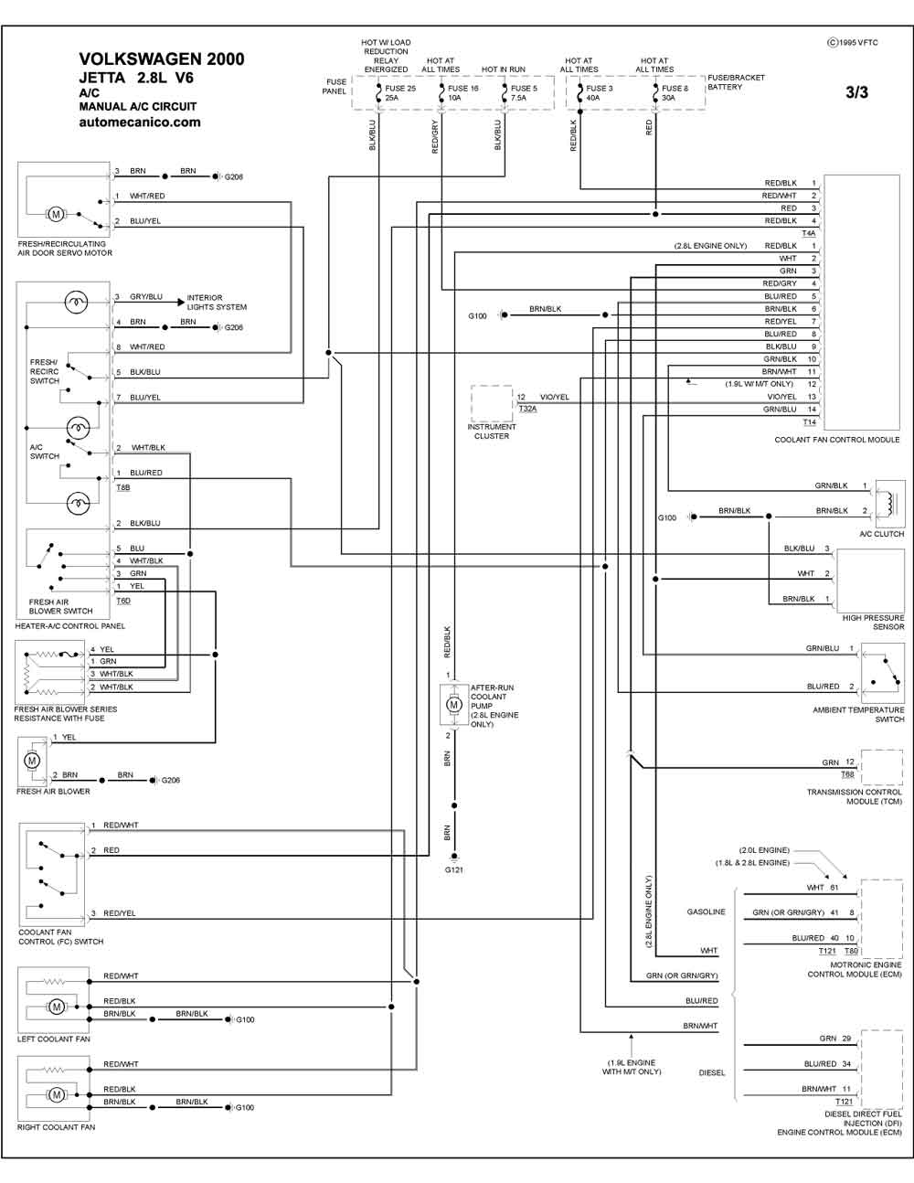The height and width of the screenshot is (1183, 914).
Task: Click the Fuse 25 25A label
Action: point(400,93)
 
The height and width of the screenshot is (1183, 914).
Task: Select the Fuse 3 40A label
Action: point(599,93)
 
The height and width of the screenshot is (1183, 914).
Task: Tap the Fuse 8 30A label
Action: point(675,93)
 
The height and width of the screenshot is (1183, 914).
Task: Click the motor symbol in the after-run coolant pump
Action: point(453,705)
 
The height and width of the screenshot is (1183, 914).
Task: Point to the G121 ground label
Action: point(453,870)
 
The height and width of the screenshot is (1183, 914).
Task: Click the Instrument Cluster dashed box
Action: point(492,403)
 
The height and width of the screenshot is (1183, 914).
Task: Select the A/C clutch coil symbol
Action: point(887,504)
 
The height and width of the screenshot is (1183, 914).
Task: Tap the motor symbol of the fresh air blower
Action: point(32,760)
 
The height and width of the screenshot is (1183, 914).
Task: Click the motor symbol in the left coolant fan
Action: point(56,1007)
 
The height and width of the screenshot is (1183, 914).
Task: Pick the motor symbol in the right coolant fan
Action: point(56,1095)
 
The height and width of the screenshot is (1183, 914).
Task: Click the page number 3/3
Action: point(856,92)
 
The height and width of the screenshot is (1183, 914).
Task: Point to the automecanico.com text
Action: point(140,123)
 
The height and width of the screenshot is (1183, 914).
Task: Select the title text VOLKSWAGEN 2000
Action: point(162,59)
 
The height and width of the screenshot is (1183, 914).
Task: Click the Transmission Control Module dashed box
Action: point(882,767)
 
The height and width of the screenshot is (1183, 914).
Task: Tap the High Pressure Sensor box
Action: point(869,581)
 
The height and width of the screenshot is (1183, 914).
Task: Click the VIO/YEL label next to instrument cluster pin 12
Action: point(555,397)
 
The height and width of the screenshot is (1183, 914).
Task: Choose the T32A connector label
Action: point(527,409)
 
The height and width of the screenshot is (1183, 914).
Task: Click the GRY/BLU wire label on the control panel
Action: point(146,297)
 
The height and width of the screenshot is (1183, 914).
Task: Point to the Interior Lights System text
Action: point(217,302)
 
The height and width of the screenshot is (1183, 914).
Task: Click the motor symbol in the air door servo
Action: point(56,214)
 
